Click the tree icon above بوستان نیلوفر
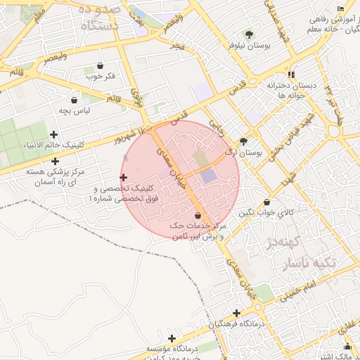click(x=248, y=34)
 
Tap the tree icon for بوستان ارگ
click(x=244, y=141)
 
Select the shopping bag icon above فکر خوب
click(x=100, y=65)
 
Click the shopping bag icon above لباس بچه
click(x=75, y=100)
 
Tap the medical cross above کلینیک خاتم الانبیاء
click(x=55, y=134)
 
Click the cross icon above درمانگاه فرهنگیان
click(x=236, y=313)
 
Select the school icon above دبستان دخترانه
click(x=290, y=74)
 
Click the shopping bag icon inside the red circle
click(x=197, y=215)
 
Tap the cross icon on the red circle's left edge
click(x=124, y=178)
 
